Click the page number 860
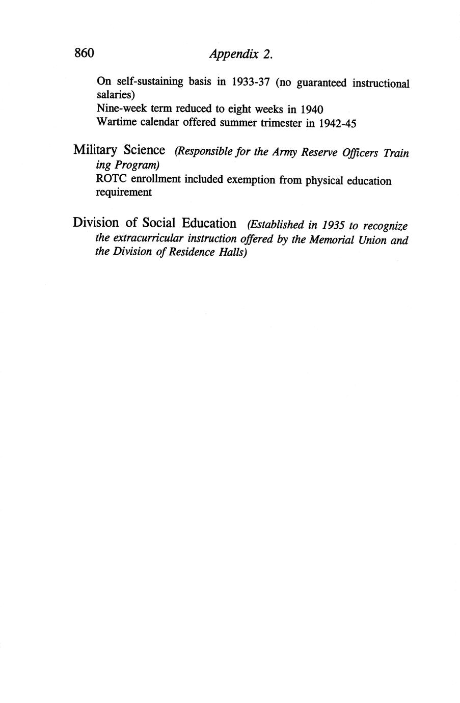[85, 53]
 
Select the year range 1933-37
[250, 83]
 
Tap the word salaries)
[115, 95]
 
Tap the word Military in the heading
[95, 151]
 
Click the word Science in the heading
[144, 150]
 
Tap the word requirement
[124, 193]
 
